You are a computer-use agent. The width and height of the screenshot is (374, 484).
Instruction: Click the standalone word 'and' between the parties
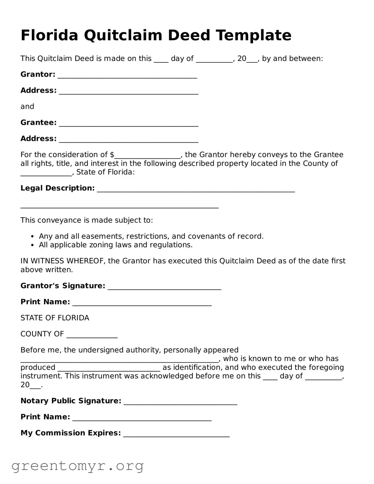pyautogui.click(x=27, y=106)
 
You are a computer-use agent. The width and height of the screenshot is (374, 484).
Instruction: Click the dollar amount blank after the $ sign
pyautogui.click(x=147, y=156)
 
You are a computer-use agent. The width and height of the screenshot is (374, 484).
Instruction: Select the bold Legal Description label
pyautogui.click(x=58, y=188)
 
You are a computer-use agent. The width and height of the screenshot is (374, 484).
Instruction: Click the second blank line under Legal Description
pyautogui.click(x=119, y=206)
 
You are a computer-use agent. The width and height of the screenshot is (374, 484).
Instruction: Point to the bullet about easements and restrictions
pyautogui.click(x=151, y=236)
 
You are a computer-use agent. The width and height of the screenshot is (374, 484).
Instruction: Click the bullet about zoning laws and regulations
pyautogui.click(x=115, y=245)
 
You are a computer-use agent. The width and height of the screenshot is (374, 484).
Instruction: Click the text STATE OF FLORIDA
pyautogui.click(x=55, y=318)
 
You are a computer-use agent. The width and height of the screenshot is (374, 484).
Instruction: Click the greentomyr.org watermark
pyautogui.click(x=77, y=466)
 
